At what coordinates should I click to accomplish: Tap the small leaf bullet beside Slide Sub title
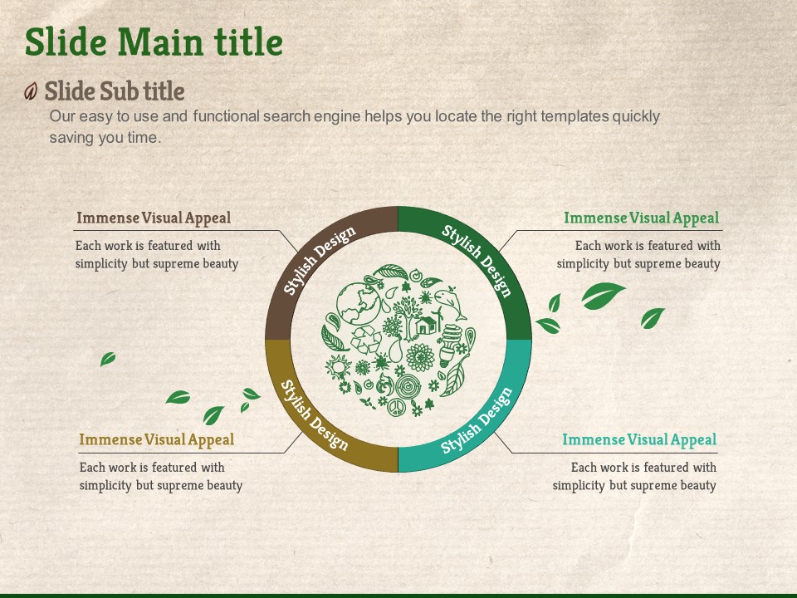coord(31,91)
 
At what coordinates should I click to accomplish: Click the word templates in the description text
coord(575,116)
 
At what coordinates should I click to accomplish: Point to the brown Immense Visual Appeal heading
coord(154,218)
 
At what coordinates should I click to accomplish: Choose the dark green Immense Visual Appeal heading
coord(642,218)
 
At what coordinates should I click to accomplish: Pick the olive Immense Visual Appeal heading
coord(157,439)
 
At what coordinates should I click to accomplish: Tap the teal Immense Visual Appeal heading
coord(639,439)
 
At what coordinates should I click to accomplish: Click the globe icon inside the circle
coord(358,303)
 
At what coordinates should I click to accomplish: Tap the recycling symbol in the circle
coord(366,339)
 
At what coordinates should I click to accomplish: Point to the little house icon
coord(427,325)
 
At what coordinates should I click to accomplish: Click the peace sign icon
coord(395,408)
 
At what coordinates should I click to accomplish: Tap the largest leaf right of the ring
coord(603,296)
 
